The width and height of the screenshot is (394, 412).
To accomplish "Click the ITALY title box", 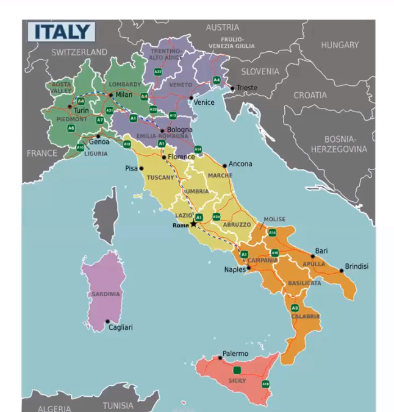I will (x=62, y=32).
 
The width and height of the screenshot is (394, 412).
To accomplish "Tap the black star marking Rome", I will (x=193, y=224).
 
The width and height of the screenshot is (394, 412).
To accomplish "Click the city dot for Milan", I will (x=110, y=95).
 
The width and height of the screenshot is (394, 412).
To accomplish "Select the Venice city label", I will (x=204, y=102).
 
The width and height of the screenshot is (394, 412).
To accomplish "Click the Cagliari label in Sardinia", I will (x=121, y=327).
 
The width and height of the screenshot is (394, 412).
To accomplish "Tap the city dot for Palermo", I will (x=219, y=358).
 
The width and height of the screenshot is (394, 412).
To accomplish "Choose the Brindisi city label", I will (x=357, y=266).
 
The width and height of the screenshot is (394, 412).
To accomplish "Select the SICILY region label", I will (x=237, y=381).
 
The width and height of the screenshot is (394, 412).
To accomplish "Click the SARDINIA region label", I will (x=106, y=294).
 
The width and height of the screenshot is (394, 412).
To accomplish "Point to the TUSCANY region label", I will (x=161, y=177).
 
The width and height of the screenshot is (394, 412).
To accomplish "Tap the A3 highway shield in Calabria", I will (x=295, y=308).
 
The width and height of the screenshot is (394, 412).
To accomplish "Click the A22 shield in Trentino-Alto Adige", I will (x=158, y=72).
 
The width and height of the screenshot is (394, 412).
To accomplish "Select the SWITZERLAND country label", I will (x=79, y=52).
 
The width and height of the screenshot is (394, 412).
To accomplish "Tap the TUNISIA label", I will (x=118, y=405).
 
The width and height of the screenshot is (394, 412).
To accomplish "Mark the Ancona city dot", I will (x=224, y=165).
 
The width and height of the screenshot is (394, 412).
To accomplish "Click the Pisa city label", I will (x=131, y=168).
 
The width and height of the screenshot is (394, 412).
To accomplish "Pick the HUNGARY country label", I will (x=340, y=45).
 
